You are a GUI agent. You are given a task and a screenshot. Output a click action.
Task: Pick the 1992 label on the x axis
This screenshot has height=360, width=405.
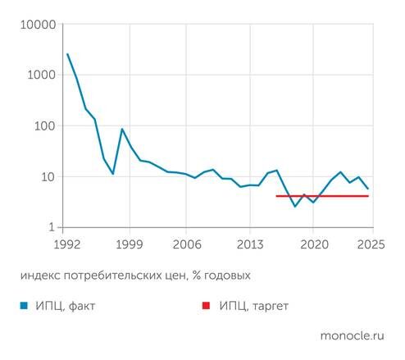click(x=67, y=244)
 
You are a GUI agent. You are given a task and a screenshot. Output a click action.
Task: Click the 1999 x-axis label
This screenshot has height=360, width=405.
click(x=128, y=244)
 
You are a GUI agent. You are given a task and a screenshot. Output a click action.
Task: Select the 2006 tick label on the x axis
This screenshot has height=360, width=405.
click(x=188, y=244)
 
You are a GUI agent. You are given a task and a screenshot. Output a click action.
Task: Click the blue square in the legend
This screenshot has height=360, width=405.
click(x=24, y=305)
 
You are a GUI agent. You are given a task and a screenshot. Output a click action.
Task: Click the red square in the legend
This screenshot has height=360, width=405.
click(x=207, y=305)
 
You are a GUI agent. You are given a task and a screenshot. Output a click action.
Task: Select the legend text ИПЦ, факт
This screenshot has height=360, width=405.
click(x=65, y=305)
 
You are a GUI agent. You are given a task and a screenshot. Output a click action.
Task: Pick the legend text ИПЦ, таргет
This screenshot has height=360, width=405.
click(x=253, y=305)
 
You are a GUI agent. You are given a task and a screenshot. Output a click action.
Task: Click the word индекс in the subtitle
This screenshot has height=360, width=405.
click(x=41, y=274)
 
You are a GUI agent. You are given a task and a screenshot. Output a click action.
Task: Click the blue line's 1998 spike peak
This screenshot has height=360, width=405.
click(x=122, y=130)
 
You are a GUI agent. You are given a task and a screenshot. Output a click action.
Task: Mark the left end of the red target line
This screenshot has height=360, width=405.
click(x=276, y=196)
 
